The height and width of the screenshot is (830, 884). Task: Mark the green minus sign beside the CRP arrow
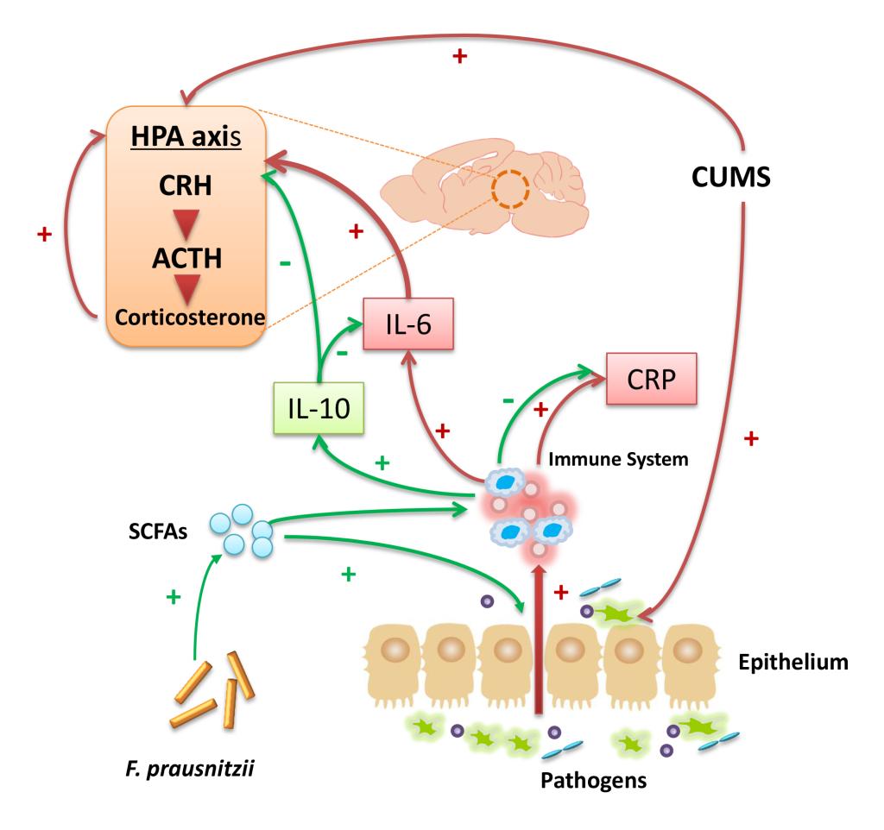509,400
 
